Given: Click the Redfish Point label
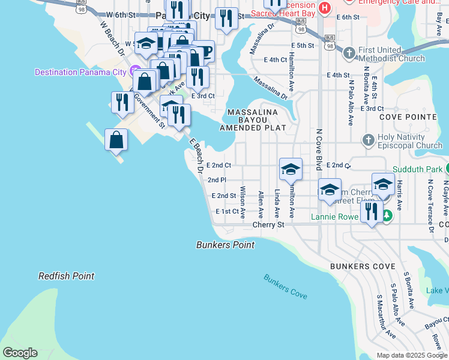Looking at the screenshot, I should tap(66, 276).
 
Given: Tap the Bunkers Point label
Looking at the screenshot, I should tap(226, 245).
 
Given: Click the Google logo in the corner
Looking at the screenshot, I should tap(20, 353).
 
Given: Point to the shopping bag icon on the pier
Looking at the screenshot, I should tap(116, 140).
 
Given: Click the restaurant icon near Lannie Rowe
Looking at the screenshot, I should tap(372, 211).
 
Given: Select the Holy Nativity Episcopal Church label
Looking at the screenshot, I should tap(409, 141).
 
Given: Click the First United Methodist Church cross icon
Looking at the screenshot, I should tap(349, 53).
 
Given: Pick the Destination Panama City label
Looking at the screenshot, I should tap(80, 72).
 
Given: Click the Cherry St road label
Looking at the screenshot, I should tap(268, 225).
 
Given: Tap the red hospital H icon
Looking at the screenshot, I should tap(325, 7).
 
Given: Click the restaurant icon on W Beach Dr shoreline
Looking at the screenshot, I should tap(122, 102).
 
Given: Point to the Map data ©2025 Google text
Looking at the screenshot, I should tap(411, 355).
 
